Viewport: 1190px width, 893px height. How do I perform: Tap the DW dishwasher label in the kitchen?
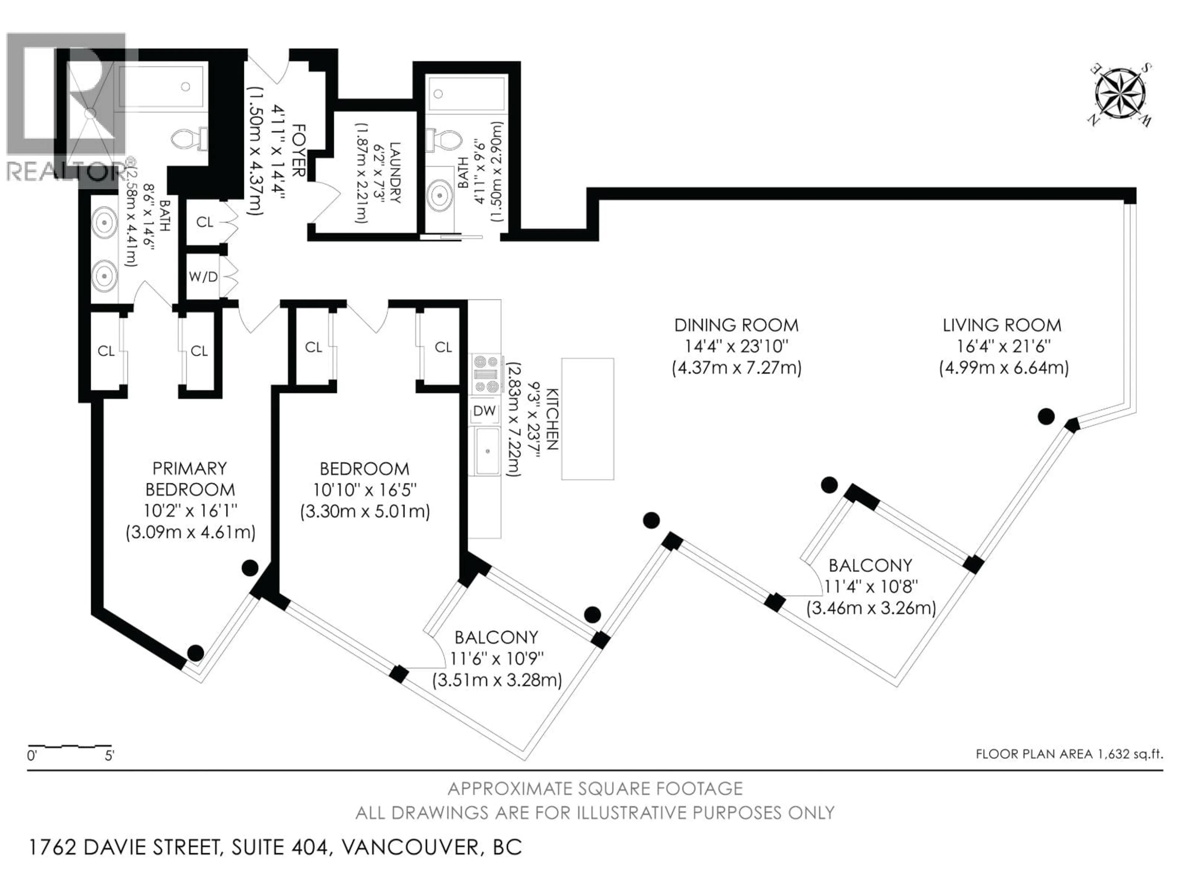click(484, 411)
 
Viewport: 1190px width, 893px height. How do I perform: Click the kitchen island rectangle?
click(588, 419)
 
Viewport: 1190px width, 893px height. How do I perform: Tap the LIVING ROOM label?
click(1002, 325)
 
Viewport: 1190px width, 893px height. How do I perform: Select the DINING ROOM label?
click(736, 325)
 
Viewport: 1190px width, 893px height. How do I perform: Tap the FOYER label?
click(298, 151)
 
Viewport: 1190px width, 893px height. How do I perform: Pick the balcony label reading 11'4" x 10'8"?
click(870, 586)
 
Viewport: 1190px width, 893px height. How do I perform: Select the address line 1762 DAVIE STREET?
click(274, 847)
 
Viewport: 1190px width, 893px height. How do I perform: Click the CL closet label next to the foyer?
click(205, 222)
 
